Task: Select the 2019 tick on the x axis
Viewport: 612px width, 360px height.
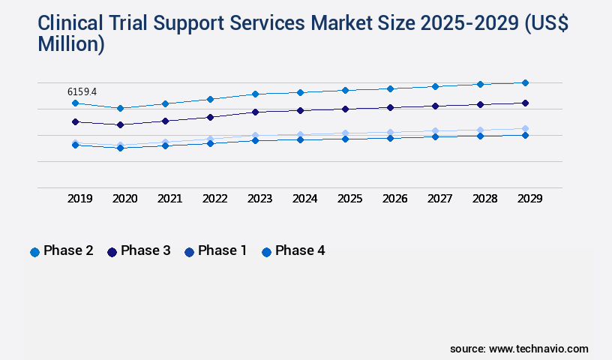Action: click(x=79, y=199)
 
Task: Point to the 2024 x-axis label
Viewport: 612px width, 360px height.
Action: click(x=304, y=199)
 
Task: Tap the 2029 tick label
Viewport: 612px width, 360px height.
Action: click(x=529, y=199)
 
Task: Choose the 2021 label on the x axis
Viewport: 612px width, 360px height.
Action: click(x=169, y=199)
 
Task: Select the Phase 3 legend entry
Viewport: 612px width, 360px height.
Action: click(x=139, y=251)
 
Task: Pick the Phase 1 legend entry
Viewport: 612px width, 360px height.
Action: click(x=216, y=251)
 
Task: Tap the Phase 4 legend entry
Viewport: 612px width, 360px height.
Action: click(x=293, y=251)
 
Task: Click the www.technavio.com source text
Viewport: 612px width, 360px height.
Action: click(x=538, y=349)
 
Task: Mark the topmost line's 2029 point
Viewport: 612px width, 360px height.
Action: click(x=525, y=82)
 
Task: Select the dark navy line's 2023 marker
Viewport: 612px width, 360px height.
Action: click(x=255, y=112)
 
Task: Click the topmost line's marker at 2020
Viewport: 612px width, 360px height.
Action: click(x=120, y=108)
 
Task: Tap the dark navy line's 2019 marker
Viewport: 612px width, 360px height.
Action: click(x=75, y=121)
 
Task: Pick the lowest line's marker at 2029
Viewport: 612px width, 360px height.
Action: click(x=525, y=135)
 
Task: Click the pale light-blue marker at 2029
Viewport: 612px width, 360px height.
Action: click(x=525, y=128)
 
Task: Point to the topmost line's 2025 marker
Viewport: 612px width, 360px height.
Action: click(x=345, y=90)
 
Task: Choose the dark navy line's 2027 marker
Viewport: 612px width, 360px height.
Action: click(x=435, y=106)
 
